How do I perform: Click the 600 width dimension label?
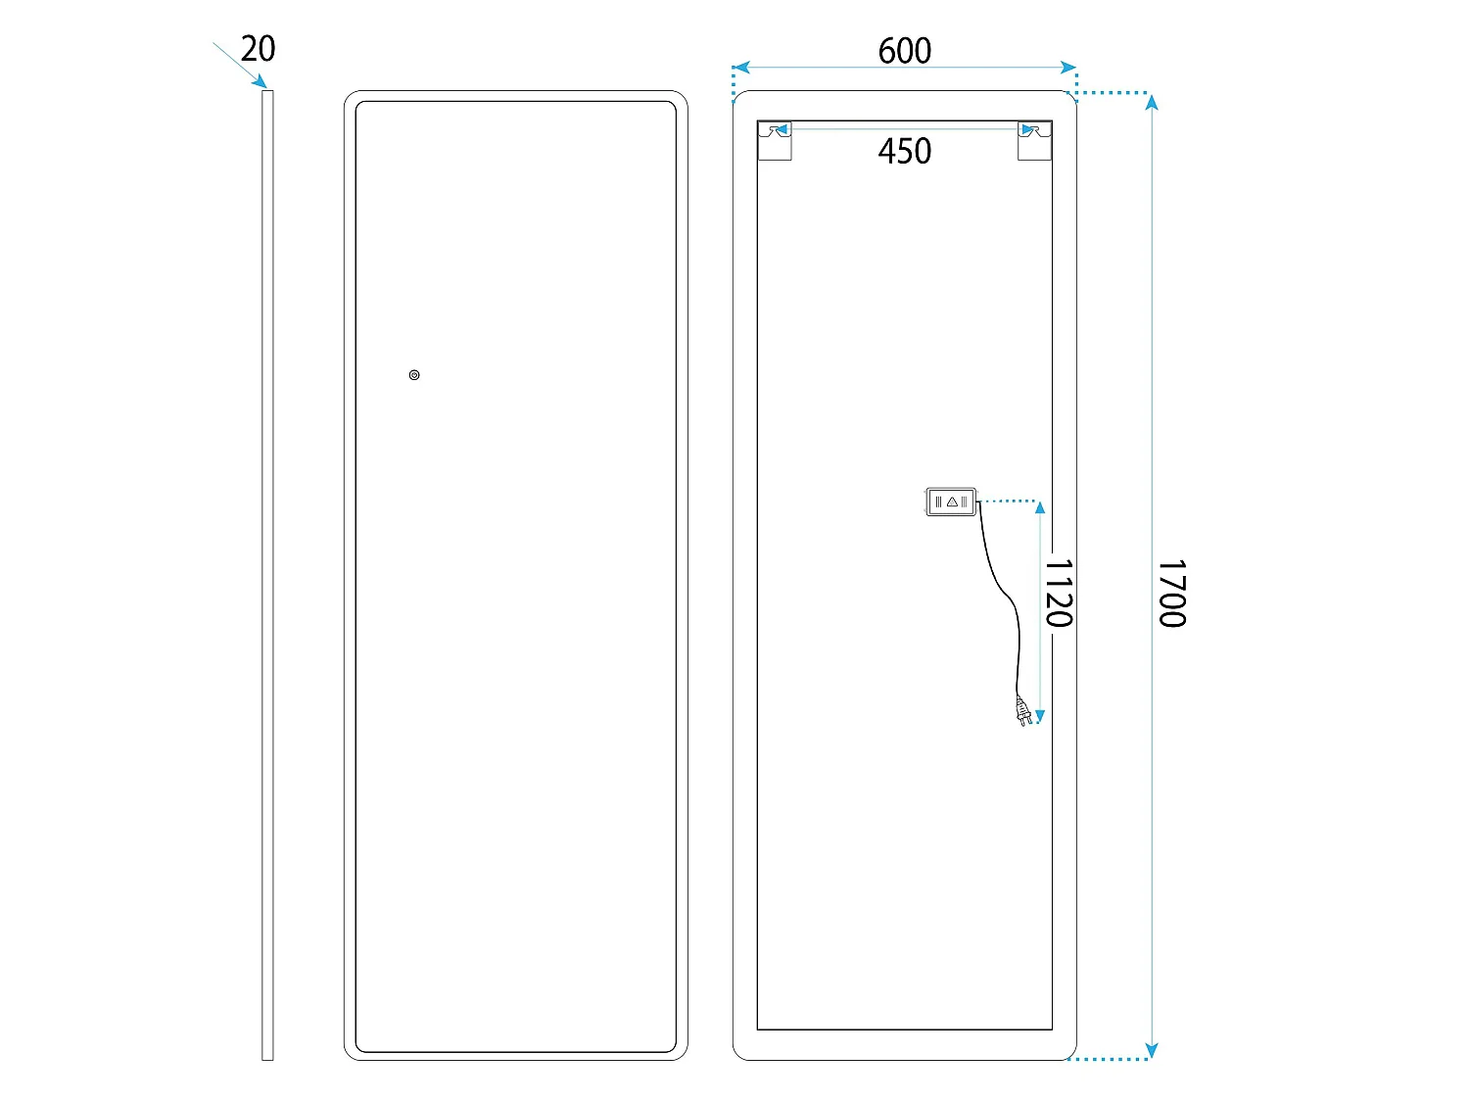[x=904, y=51]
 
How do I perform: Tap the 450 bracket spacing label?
[x=904, y=151]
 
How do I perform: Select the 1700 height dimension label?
[x=1172, y=593]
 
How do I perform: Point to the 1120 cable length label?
[x=1059, y=593]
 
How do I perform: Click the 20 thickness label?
[x=258, y=49]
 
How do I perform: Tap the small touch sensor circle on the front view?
[x=414, y=375]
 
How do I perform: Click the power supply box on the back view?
[x=951, y=502]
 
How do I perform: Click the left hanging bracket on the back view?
[x=775, y=141]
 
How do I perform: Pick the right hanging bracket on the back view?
[x=1034, y=141]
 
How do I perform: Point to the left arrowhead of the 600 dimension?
[x=741, y=67]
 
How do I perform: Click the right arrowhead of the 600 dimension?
[x=1068, y=67]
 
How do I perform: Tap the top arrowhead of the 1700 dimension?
[x=1151, y=103]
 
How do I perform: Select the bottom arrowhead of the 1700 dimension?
[x=1151, y=1050]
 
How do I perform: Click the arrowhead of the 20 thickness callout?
[x=260, y=81]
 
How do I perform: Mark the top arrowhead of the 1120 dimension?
[x=1039, y=507]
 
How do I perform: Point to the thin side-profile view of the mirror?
[x=267, y=575]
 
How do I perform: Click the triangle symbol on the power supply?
[x=952, y=502]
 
